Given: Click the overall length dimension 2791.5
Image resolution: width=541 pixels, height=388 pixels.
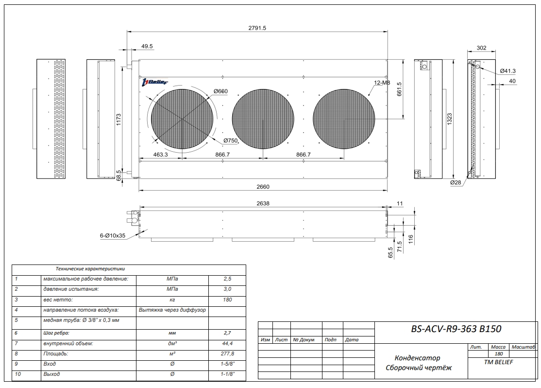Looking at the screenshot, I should click(x=257, y=28).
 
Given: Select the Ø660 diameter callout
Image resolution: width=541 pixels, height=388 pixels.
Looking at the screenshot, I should click(x=220, y=91).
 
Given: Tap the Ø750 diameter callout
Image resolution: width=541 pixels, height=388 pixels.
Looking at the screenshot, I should click(x=231, y=141).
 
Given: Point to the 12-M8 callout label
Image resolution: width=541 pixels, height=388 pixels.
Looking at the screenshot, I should click(x=382, y=83).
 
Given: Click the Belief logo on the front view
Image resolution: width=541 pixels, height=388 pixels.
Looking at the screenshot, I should click(x=154, y=82).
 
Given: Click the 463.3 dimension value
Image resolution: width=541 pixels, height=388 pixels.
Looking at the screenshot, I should click(x=160, y=154).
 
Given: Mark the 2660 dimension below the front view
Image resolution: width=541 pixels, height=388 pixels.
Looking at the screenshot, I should click(x=262, y=187).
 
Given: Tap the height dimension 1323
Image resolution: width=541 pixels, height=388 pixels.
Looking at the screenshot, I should click(x=449, y=119).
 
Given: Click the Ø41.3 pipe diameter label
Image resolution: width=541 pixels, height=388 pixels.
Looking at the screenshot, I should click(x=508, y=71).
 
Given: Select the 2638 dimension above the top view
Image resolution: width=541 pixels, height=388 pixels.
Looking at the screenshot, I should click(x=262, y=204).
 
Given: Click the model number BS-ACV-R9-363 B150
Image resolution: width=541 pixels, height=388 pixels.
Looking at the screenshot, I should click(x=456, y=329).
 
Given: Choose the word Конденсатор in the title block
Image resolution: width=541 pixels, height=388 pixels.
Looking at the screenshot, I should click(x=418, y=358).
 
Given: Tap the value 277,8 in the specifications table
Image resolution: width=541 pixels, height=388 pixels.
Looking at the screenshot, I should click(x=227, y=354).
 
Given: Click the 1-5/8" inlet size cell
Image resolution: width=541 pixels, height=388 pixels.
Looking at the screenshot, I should click(x=227, y=364).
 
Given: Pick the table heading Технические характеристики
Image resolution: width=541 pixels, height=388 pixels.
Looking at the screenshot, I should click(x=90, y=268).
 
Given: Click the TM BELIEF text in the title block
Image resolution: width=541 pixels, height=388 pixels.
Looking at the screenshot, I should click(x=499, y=362).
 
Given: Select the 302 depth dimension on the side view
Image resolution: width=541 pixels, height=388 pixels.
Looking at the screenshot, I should click(x=481, y=48).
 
